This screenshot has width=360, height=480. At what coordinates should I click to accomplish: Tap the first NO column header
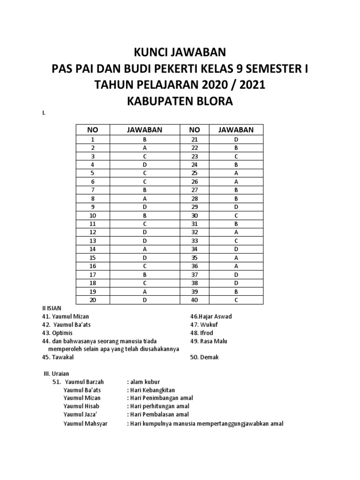(92, 130)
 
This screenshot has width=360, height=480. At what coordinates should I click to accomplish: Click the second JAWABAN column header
(236, 130)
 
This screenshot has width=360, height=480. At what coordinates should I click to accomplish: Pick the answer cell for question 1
(145, 140)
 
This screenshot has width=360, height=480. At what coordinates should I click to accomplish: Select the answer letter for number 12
(145, 232)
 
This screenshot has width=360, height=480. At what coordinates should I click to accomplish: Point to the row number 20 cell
(92, 300)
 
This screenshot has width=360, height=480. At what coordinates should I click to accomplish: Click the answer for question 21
(236, 140)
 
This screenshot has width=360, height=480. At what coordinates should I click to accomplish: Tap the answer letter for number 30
(236, 216)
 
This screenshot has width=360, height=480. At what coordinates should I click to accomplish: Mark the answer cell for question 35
(236, 258)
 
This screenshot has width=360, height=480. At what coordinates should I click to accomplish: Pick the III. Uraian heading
(56, 374)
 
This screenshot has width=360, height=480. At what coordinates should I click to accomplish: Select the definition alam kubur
(143, 382)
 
